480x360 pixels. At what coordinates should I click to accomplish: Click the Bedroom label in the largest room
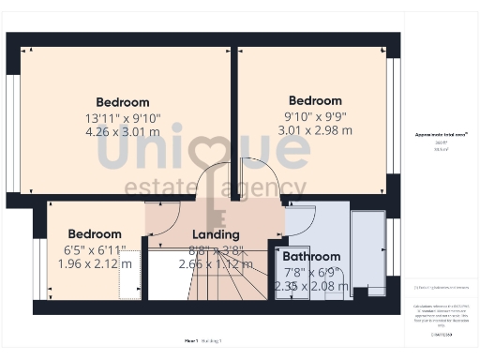click(x=123, y=102)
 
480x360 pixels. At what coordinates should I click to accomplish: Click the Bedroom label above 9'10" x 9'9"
click(x=315, y=100)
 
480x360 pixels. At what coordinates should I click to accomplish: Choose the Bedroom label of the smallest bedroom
click(x=95, y=233)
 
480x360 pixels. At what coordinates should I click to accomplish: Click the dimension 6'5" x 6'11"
click(x=95, y=250)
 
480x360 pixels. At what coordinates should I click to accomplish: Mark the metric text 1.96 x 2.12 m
click(x=95, y=263)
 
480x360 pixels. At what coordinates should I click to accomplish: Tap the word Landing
click(x=216, y=234)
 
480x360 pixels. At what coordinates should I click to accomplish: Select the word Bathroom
click(x=311, y=256)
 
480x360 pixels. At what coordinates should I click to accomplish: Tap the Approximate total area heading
click(x=442, y=135)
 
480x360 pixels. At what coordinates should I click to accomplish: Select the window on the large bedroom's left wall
click(x=12, y=123)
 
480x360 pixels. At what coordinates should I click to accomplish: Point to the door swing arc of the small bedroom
click(x=162, y=217)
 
